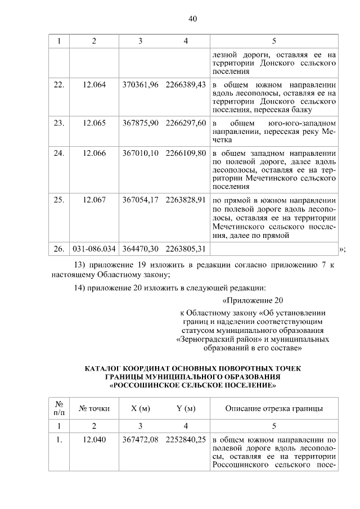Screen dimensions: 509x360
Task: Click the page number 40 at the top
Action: point(192,19)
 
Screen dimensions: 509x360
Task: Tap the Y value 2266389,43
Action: point(186,84)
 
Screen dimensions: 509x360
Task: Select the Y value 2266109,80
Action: point(186,152)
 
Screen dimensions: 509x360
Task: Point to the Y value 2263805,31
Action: point(186,248)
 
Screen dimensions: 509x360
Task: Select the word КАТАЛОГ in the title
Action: point(106,370)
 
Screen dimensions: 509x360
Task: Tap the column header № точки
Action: point(94,408)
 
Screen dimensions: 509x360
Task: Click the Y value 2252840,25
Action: point(186,440)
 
